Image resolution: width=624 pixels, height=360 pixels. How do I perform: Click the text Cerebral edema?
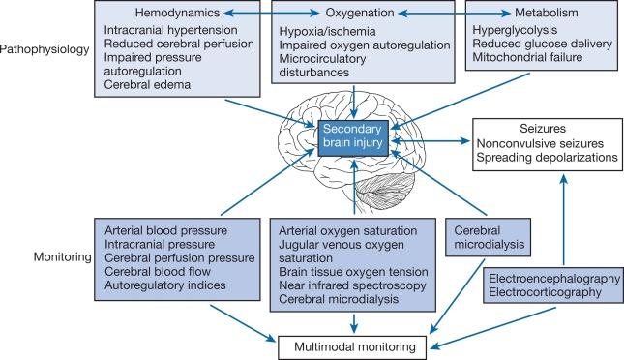tap(146, 84)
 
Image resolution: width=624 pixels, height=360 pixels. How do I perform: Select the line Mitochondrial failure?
tap(529, 57)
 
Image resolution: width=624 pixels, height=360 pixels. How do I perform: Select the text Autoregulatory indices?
tap(166, 286)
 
